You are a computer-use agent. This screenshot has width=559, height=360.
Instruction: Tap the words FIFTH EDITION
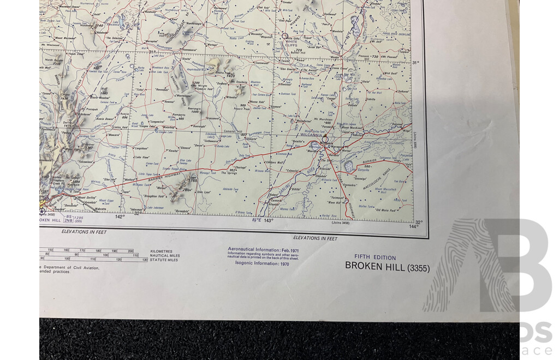point(375,257)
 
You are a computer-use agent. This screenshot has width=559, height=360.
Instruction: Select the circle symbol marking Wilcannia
point(325,140)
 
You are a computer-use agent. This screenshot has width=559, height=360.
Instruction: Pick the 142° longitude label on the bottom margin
point(120,217)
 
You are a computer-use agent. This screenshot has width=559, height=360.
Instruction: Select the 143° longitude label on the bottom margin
point(268,220)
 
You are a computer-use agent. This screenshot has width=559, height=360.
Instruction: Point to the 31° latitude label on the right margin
point(416,63)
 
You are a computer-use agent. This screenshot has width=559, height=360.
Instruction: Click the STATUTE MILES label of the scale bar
point(165,260)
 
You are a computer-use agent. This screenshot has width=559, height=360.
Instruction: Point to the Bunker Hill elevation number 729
point(299,51)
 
